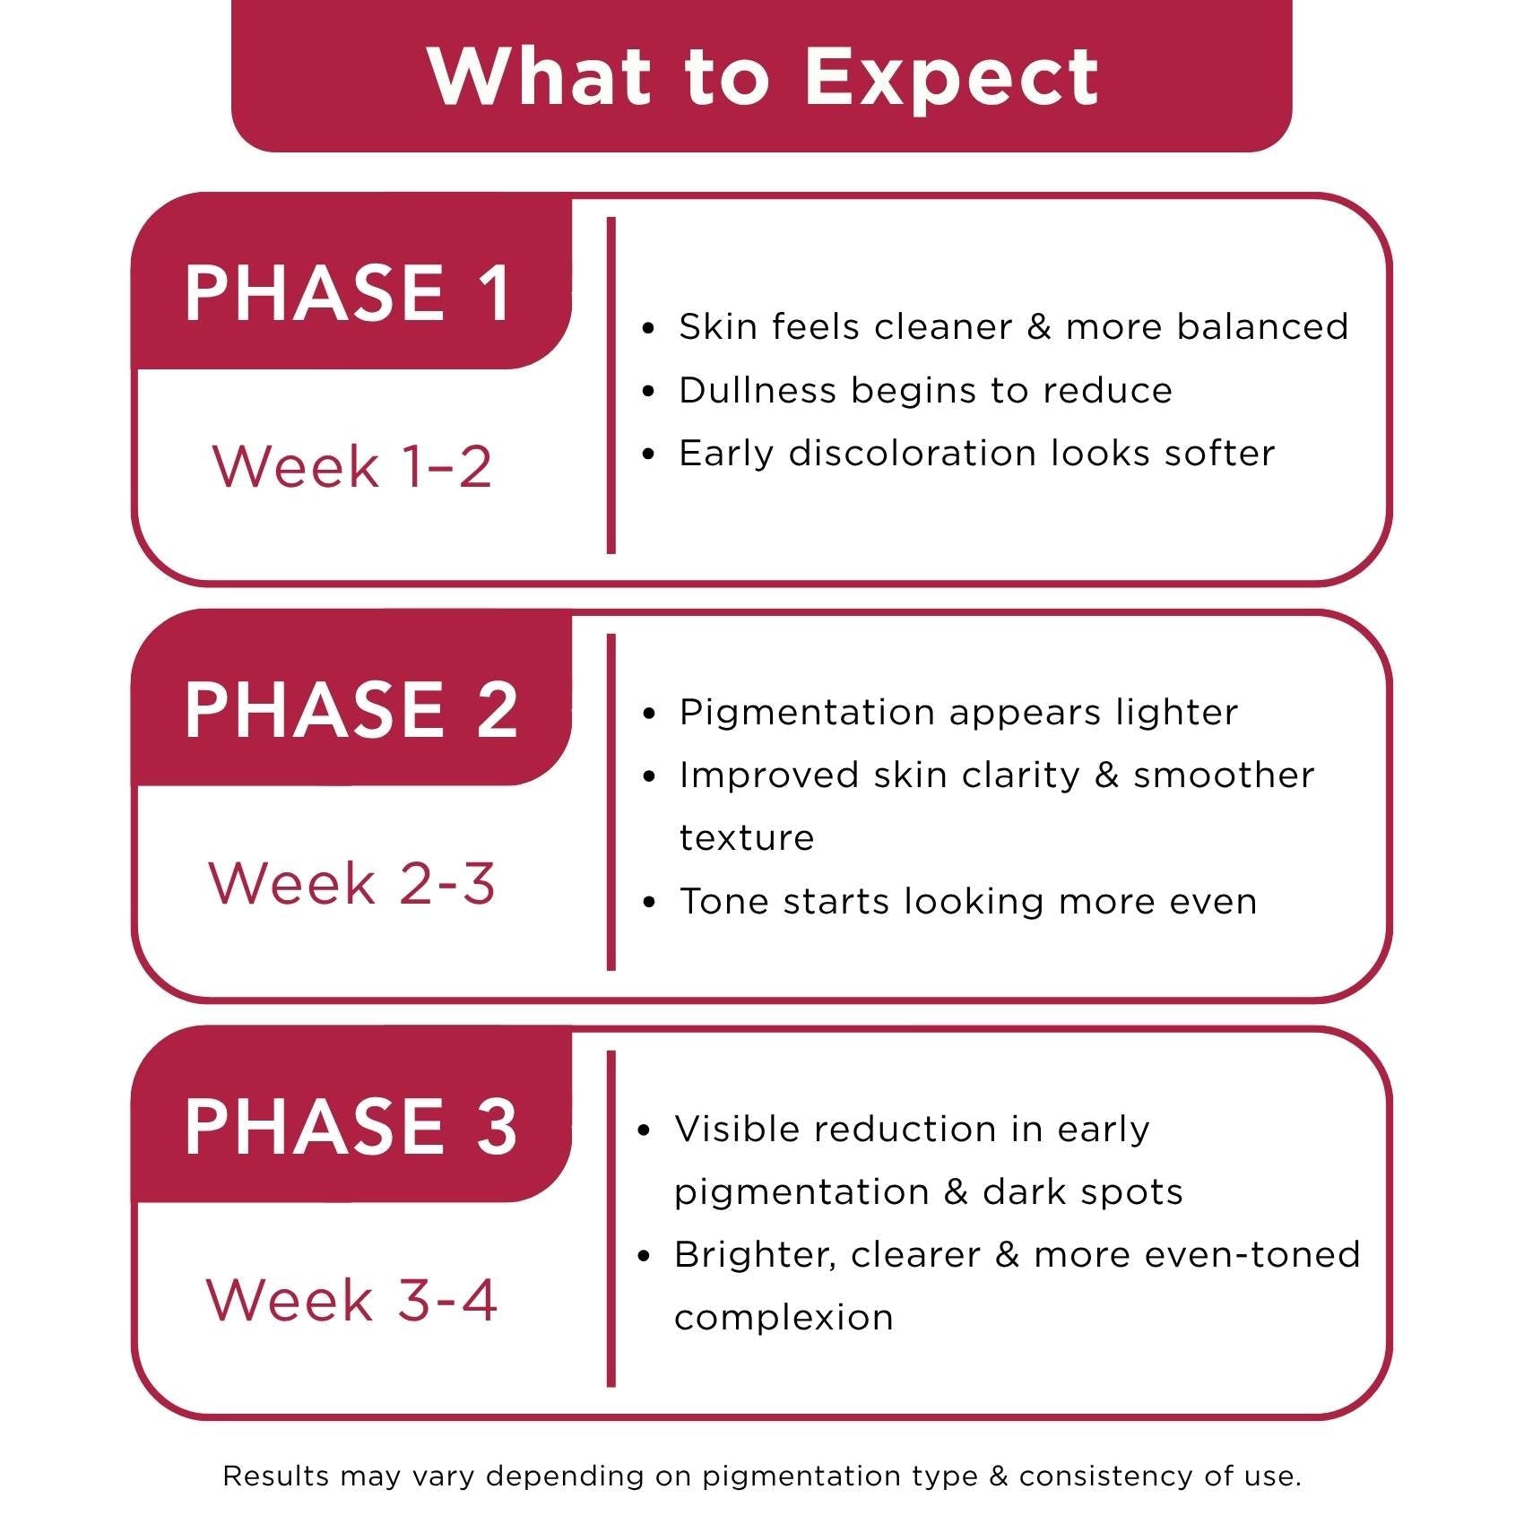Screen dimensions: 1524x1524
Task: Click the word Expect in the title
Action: click(951, 78)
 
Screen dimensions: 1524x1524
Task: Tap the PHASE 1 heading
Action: click(349, 293)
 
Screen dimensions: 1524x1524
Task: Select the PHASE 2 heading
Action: click(351, 709)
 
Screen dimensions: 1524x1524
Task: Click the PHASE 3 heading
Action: click(351, 1126)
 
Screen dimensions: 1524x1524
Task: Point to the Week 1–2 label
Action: click(351, 466)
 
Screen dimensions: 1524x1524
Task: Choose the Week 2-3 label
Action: click(351, 883)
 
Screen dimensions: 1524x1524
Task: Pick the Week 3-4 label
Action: click(351, 1300)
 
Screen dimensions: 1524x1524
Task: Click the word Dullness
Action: click(757, 391)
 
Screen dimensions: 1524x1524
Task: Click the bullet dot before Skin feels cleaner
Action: click(649, 328)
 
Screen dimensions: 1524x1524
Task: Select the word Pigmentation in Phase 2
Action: click(807, 713)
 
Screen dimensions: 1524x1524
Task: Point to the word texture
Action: click(747, 838)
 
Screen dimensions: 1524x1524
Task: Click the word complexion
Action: click(784, 1318)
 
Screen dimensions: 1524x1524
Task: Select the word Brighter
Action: click(756, 1255)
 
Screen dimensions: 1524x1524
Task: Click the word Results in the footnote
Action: click(275, 1476)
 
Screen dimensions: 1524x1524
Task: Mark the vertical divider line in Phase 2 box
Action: click(611, 802)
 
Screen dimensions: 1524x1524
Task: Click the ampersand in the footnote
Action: click(999, 1476)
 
